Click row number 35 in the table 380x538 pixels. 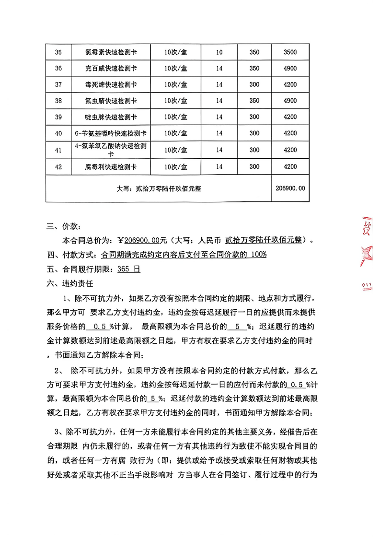pyautogui.click(x=58, y=52)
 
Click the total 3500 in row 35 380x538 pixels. pyautogui.click(x=290, y=52)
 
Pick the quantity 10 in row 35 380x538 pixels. pyautogui.click(x=219, y=52)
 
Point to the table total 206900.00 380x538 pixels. pyautogui.click(x=290, y=188)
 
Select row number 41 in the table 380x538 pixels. pyautogui.click(x=58, y=150)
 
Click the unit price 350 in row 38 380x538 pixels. pyautogui.click(x=255, y=101)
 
